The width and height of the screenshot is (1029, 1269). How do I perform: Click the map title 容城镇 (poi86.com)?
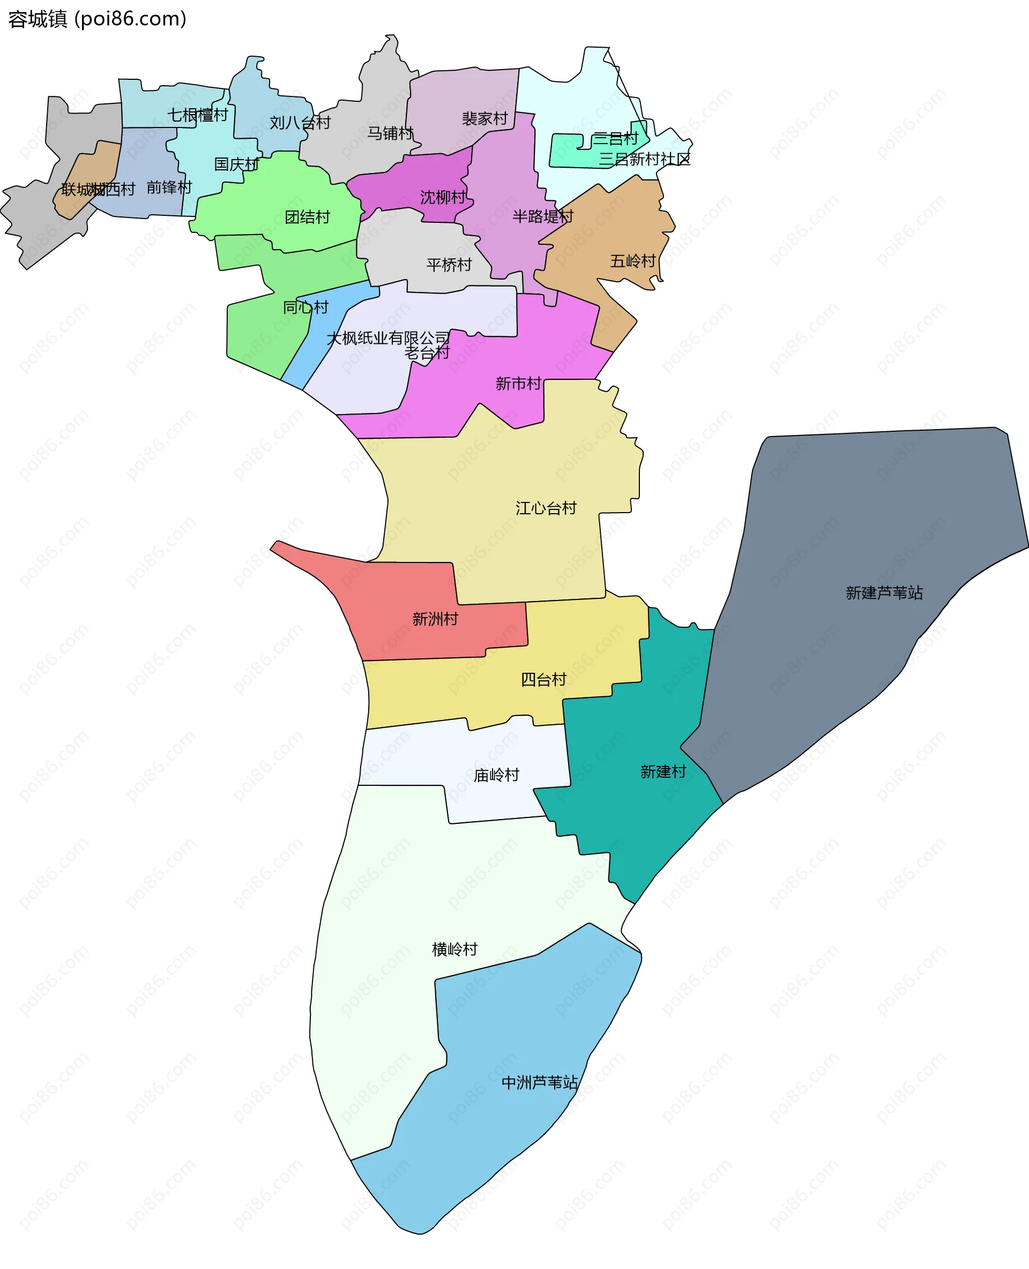click(x=97, y=19)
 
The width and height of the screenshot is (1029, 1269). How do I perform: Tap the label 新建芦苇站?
click(x=884, y=592)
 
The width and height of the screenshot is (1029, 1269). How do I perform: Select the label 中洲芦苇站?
click(x=539, y=1083)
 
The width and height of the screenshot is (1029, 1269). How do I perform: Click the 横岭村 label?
click(x=454, y=949)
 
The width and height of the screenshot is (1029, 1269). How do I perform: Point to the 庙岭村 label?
click(x=496, y=775)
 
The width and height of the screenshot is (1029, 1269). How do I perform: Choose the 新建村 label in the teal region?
click(x=662, y=771)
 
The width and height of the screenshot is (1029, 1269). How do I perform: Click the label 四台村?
click(x=543, y=680)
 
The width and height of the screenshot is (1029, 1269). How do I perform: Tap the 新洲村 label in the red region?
click(x=435, y=619)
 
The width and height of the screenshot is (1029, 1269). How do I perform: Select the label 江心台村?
click(x=546, y=508)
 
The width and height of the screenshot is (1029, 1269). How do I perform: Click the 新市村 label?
click(x=518, y=384)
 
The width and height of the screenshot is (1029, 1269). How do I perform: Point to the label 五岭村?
click(x=633, y=261)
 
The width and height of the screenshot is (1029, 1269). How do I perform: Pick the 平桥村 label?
click(x=449, y=264)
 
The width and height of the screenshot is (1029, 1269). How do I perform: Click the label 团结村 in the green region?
click(x=307, y=217)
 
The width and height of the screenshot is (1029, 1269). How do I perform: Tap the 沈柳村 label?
click(x=443, y=197)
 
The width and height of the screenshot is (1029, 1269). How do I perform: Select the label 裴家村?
click(x=485, y=118)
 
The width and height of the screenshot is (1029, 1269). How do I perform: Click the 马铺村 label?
click(x=390, y=133)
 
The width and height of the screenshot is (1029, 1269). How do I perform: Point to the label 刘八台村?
click(x=300, y=123)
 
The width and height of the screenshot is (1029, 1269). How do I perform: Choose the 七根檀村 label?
click(x=197, y=115)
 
